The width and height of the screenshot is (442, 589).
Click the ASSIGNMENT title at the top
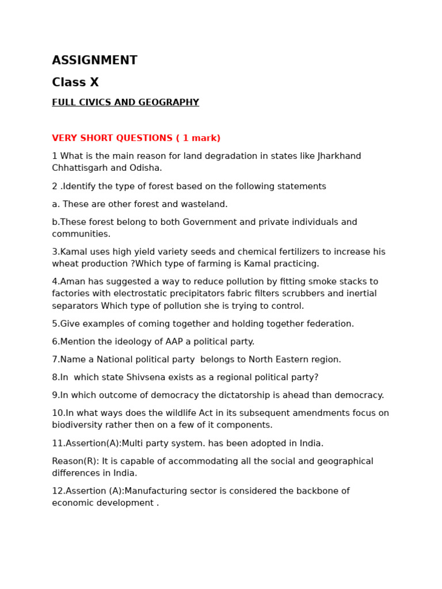click(94, 61)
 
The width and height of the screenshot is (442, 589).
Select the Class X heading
click(75, 83)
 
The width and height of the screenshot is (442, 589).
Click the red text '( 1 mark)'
click(198, 139)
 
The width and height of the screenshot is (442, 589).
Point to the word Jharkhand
click(340, 156)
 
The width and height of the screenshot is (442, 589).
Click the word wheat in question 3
click(64, 264)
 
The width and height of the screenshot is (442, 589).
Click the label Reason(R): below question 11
click(75, 462)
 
